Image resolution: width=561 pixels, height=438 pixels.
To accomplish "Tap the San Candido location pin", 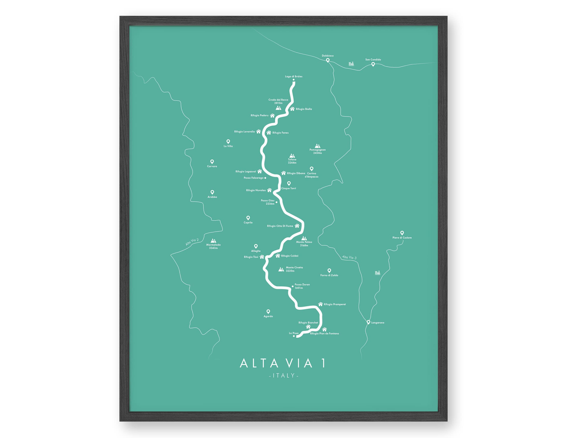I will [x=373, y=64].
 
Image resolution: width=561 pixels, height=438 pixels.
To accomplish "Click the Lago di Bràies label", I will [x=294, y=76].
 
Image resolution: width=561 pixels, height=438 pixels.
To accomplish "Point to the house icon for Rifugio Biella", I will [x=292, y=109].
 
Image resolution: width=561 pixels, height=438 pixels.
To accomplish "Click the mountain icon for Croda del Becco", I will [x=278, y=108].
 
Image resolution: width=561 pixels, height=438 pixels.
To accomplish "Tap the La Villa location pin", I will [x=228, y=141].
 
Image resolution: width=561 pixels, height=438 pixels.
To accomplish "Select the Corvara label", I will [x=212, y=166].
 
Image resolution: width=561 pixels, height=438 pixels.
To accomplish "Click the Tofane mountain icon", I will [x=292, y=156].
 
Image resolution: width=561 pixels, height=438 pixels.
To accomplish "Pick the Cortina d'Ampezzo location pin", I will [x=312, y=169].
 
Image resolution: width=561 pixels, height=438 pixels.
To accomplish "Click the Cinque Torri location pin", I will [x=289, y=183].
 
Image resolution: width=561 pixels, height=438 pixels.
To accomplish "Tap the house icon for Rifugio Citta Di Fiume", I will [x=297, y=226].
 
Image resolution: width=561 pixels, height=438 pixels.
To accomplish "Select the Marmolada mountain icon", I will [x=213, y=241].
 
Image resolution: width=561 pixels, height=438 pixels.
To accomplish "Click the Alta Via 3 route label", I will [x=349, y=257].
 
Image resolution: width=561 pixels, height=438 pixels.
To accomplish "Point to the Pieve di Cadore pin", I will [x=402, y=233].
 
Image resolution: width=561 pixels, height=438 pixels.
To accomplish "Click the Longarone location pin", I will [x=368, y=322].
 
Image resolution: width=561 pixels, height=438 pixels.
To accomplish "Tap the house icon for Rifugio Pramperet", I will [x=320, y=304].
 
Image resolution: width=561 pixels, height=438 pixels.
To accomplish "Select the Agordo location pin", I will [x=268, y=312].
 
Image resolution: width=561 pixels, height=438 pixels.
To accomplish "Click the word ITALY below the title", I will [x=284, y=376].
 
